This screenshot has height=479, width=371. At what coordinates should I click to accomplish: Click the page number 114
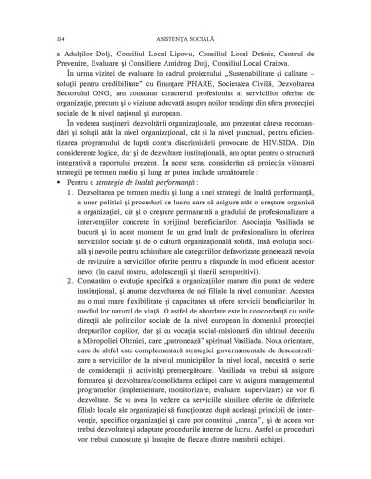[50, 30]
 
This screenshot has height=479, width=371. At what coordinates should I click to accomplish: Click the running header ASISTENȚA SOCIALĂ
[186, 30]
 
